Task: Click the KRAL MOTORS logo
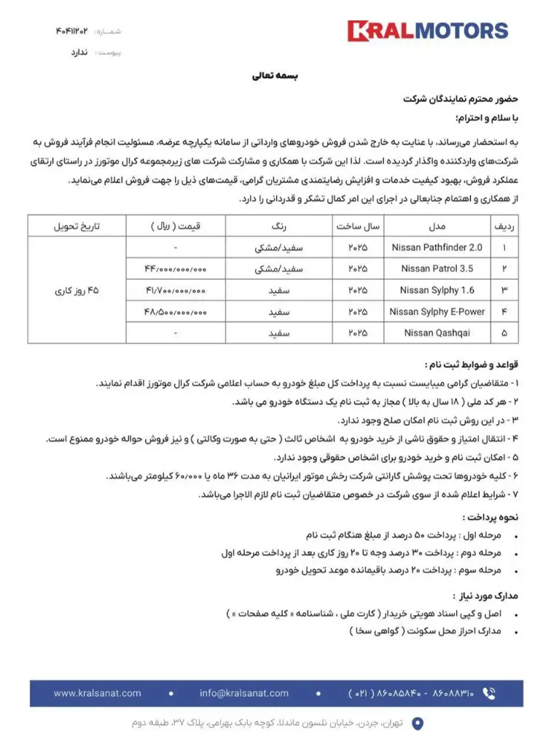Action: pyautogui.click(x=427, y=31)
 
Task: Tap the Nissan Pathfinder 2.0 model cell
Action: pyautogui.click(x=437, y=248)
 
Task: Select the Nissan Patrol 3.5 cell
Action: pyautogui.click(x=437, y=269)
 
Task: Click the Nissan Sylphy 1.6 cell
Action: pyautogui.click(x=437, y=290)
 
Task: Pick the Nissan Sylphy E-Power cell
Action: pyautogui.click(x=437, y=312)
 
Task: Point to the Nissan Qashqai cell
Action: pyautogui.click(x=437, y=333)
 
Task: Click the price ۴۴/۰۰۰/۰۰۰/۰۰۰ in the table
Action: pyautogui.click(x=176, y=269)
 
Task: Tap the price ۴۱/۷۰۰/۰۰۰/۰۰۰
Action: pyautogui.click(x=176, y=290)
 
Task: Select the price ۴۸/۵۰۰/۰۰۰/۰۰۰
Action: pyautogui.click(x=176, y=312)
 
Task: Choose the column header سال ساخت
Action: pyautogui.click(x=358, y=227)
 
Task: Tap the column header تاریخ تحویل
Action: pyautogui.click(x=77, y=227)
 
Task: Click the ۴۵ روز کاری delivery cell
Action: pyautogui.click(x=77, y=291)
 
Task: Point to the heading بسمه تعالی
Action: pyautogui.click(x=275, y=75)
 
